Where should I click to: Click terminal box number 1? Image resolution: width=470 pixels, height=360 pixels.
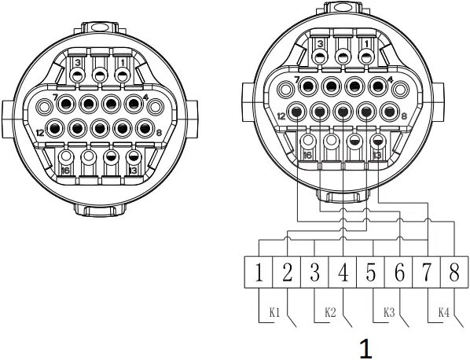(259, 274)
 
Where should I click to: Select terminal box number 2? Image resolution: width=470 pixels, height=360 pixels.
(287, 274)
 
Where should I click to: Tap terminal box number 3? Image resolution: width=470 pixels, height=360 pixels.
(314, 274)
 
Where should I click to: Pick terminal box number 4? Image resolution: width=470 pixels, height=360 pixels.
(343, 274)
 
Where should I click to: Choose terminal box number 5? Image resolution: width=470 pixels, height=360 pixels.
(370, 274)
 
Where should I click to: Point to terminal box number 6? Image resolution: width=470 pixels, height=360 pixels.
(398, 274)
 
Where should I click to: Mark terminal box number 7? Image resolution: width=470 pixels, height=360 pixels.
(427, 274)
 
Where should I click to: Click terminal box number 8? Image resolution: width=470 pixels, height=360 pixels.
(454, 274)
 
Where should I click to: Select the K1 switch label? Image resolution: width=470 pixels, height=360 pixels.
(275, 312)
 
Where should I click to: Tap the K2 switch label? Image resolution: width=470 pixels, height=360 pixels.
(331, 312)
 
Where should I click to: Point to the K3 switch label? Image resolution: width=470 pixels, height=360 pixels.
(387, 312)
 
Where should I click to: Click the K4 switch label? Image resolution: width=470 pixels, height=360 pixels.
(443, 312)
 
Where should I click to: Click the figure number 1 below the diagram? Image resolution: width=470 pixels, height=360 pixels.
(365, 347)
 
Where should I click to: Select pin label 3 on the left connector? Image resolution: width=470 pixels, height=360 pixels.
(77, 62)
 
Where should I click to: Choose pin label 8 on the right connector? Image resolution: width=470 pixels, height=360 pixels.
(403, 115)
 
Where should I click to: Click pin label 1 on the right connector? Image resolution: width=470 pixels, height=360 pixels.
(366, 42)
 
